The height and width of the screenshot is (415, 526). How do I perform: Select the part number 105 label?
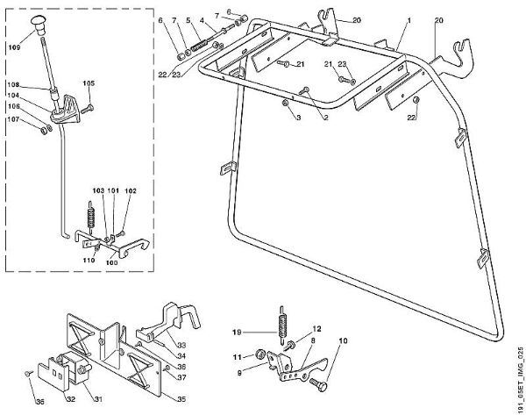tap(89, 83)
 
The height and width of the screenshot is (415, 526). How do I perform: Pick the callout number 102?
tap(131, 190)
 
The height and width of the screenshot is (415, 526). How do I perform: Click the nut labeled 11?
tap(260, 354)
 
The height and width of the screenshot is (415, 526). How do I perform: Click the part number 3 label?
tap(298, 117)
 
